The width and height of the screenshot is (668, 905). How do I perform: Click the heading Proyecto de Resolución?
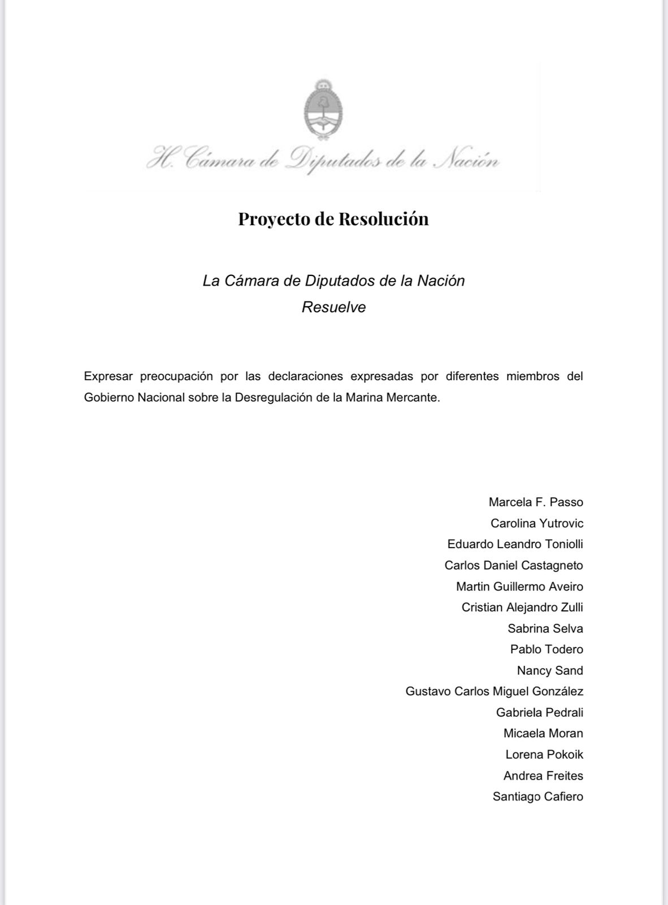pyautogui.click(x=333, y=219)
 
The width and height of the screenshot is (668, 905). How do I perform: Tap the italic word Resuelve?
pyautogui.click(x=333, y=307)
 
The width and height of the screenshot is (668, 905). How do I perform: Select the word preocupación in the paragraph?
pyautogui.click(x=176, y=376)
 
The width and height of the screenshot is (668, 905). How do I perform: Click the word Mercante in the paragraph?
pyautogui.click(x=412, y=398)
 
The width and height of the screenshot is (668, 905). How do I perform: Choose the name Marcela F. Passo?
pyautogui.click(x=536, y=502)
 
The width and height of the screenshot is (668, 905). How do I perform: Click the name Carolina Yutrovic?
pyautogui.click(x=537, y=523)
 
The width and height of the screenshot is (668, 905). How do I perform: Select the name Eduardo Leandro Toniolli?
pyautogui.click(x=515, y=544)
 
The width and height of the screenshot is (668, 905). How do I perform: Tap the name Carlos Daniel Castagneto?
pyautogui.click(x=514, y=565)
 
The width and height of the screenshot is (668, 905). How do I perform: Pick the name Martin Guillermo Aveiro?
pyautogui.click(x=519, y=587)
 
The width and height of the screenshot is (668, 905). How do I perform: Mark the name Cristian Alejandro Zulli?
pyautogui.click(x=522, y=607)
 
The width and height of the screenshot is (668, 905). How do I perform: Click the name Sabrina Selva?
pyautogui.click(x=545, y=628)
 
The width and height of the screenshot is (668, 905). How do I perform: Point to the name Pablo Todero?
pyautogui.click(x=546, y=649)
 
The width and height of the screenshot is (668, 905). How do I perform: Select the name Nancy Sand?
pyautogui.click(x=550, y=670)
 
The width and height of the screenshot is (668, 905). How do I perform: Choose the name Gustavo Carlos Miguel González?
pyautogui.click(x=495, y=691)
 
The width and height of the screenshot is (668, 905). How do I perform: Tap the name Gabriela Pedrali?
pyautogui.click(x=540, y=713)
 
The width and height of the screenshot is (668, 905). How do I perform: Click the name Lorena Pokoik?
pyautogui.click(x=544, y=755)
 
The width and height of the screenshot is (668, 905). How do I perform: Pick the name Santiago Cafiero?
pyautogui.click(x=538, y=797)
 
